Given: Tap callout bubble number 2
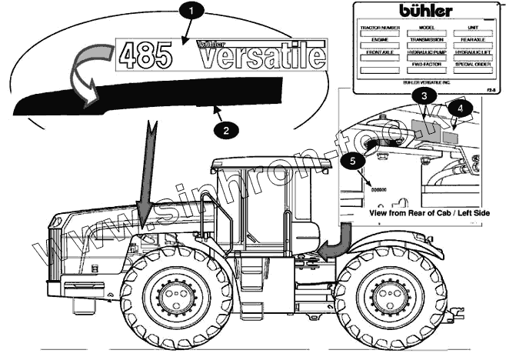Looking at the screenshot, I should pyautogui.click(x=225, y=129).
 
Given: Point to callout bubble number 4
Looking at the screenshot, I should pyautogui.click(x=459, y=108).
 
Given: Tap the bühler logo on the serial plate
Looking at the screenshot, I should pyautogui.click(x=425, y=10).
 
